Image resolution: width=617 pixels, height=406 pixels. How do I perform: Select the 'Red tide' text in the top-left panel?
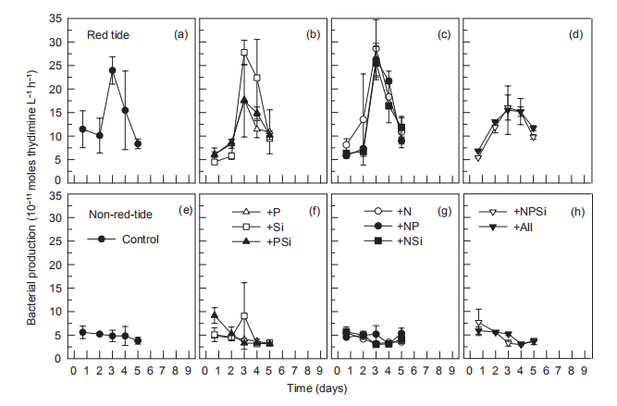(107, 35)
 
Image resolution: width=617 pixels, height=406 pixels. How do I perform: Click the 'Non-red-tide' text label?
(118, 214)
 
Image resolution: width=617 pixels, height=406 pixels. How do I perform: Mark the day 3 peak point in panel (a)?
(112, 70)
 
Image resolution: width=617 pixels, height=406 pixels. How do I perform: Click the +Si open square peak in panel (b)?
(244, 53)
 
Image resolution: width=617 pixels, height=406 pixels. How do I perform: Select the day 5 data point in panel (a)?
(138, 143)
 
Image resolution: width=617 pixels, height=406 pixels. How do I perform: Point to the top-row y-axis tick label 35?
(57, 18)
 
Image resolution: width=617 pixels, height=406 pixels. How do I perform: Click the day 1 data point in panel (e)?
(83, 332)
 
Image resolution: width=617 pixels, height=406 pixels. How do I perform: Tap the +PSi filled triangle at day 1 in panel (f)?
(215, 315)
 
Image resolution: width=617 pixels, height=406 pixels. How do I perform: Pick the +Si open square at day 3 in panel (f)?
(244, 316)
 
